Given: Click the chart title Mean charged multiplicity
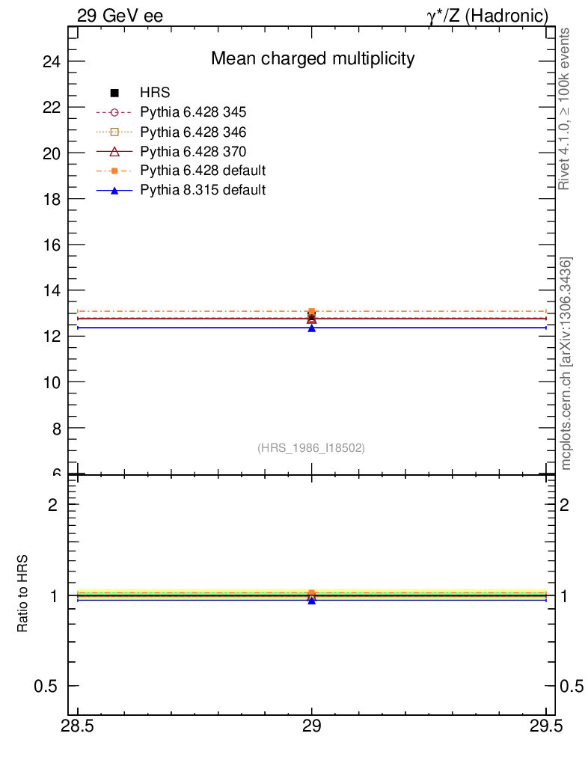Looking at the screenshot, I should click(x=313, y=58).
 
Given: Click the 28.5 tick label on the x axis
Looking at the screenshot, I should click(x=78, y=727).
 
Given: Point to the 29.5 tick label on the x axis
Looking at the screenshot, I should click(x=546, y=727).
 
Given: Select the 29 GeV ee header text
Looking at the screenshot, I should click(x=120, y=15).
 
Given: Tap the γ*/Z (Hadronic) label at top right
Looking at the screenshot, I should click(x=488, y=15).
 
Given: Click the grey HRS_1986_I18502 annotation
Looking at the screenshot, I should click(x=311, y=448).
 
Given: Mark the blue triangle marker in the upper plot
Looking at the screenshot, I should click(x=312, y=328).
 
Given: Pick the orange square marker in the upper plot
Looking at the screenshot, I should click(x=312, y=311).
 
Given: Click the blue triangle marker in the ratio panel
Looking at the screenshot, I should click(x=312, y=600).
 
